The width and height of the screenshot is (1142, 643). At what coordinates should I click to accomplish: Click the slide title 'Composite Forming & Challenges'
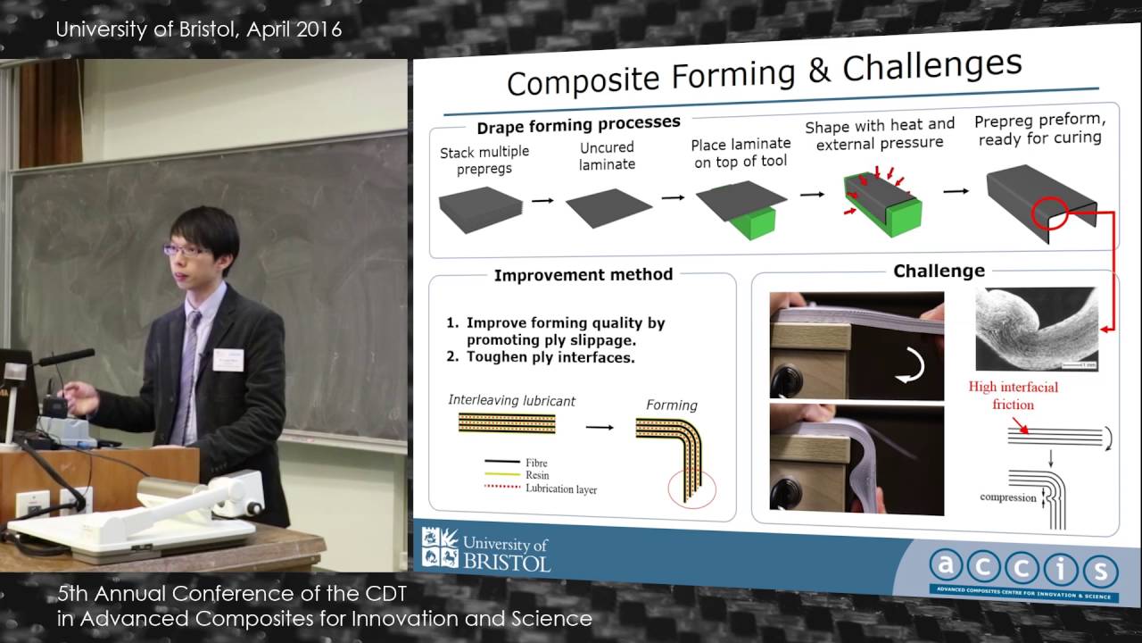[763, 74]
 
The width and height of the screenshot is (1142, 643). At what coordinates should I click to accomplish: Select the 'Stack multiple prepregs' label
[484, 160]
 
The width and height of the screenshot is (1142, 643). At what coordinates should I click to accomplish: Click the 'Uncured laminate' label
[607, 155]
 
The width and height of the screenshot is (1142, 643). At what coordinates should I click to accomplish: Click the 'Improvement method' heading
[583, 275]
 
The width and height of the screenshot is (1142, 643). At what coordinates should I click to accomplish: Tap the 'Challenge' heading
[939, 271]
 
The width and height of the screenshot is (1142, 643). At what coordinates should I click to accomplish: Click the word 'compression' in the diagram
[1007, 497]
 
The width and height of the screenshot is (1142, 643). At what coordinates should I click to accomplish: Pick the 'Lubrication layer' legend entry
[560, 489]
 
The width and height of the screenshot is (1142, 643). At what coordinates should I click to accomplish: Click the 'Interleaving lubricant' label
[511, 401]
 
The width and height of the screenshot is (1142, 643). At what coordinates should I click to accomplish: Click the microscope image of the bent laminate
[1036, 329]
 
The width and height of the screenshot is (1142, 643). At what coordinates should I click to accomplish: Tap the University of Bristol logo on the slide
[486, 549]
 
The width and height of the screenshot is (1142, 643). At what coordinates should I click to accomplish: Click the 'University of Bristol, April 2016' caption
[198, 29]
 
